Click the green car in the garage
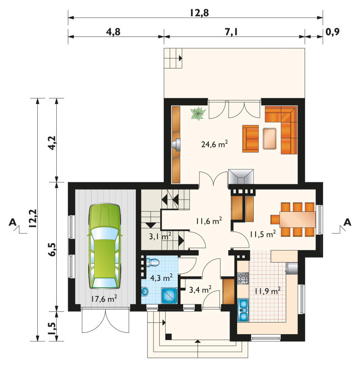tap(104, 246)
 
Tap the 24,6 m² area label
tap(214, 144)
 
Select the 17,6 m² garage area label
tap(104, 299)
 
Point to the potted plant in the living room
tap(198, 114)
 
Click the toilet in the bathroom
tap(153, 262)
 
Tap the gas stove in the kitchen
tap(243, 278)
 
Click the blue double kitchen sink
tap(243, 310)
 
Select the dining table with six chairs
tap(293, 219)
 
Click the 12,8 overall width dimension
tap(199, 13)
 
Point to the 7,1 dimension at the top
tap(231, 32)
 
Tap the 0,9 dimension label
tap(333, 32)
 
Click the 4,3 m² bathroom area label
tap(162, 277)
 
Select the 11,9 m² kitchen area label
tap(268, 291)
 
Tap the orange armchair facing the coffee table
tap(251, 138)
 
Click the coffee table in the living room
tap(270, 138)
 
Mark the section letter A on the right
tap(347, 222)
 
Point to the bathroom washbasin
tap(145, 292)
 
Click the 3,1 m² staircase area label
tap(160, 236)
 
